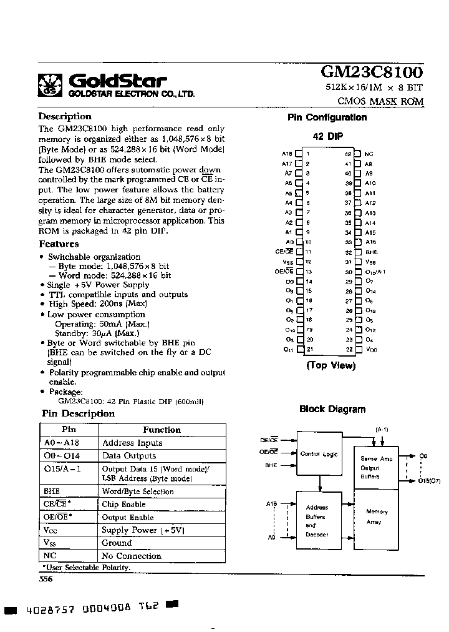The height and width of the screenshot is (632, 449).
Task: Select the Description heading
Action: pyautogui.click(x=65, y=117)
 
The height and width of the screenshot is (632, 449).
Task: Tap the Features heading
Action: pyautogui.click(x=59, y=244)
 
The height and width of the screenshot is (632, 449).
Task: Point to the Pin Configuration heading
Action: pyautogui.click(x=327, y=117)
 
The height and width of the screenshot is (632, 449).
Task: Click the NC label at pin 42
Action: pyautogui.click(x=369, y=154)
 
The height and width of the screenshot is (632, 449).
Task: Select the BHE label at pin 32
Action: pyautogui.click(x=371, y=252)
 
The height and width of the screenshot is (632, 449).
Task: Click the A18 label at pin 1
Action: pyautogui.click(x=287, y=154)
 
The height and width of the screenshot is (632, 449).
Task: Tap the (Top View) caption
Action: pyautogui.click(x=330, y=365)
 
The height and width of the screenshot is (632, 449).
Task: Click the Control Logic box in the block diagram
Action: pyautogui.click(x=319, y=454)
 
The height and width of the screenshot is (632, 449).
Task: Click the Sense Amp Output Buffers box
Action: pyautogui.click(x=377, y=467)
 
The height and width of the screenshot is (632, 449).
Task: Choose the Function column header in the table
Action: pyautogui.click(x=162, y=430)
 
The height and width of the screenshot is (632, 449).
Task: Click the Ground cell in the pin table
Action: pyautogui.click(x=117, y=543)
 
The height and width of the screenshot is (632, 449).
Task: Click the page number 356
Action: pyautogui.click(x=46, y=579)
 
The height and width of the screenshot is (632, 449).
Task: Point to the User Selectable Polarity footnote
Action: pyautogui.click(x=86, y=567)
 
